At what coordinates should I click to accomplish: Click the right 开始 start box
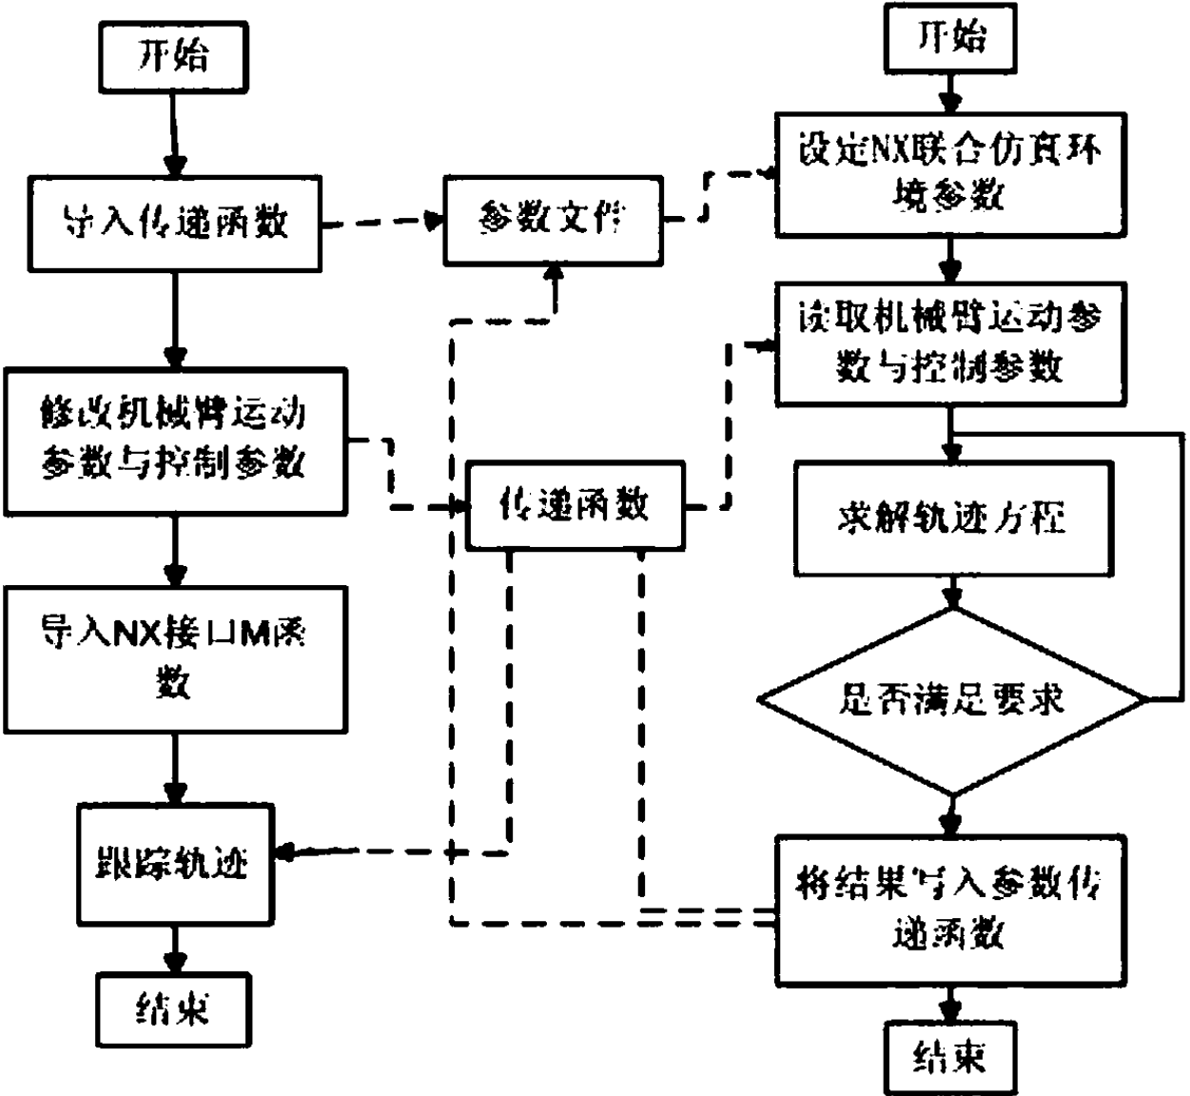[x=949, y=38]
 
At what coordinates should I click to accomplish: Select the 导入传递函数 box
[x=174, y=223]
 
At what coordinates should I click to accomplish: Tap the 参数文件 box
[x=552, y=220]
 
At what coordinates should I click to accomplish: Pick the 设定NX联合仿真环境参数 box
[x=949, y=174]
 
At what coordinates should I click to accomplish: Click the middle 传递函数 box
[x=575, y=504]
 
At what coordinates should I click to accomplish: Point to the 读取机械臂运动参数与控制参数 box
[x=949, y=342]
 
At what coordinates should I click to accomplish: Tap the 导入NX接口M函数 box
[x=174, y=658]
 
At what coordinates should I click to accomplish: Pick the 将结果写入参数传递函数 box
[x=949, y=910]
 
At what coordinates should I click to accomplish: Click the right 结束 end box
[x=949, y=1056]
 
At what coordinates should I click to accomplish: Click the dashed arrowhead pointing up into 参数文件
[x=554, y=273]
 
